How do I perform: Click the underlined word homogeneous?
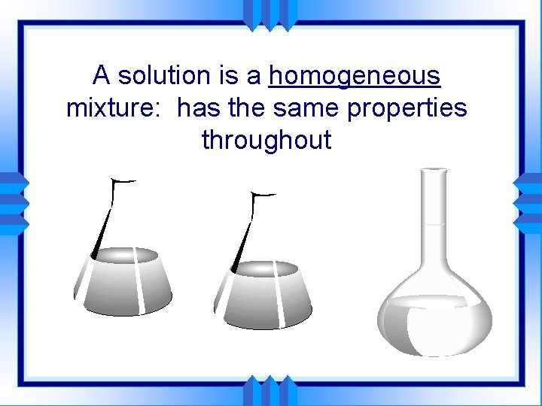355,76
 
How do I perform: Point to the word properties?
407,108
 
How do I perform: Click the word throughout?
266,141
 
